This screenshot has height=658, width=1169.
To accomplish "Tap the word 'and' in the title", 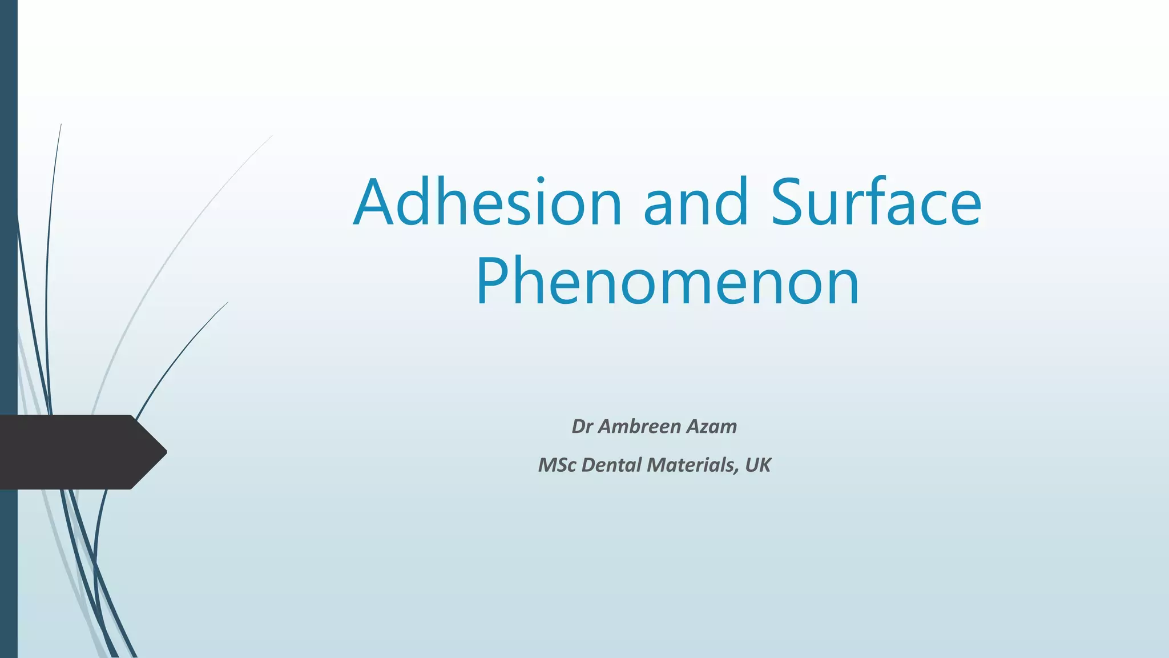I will (695, 203).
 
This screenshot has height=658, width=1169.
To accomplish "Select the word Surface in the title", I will (876, 203).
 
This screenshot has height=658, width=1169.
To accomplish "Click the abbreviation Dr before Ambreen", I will (582, 427).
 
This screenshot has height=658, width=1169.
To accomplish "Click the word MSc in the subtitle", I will (557, 465).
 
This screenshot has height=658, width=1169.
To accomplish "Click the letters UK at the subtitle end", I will (758, 465).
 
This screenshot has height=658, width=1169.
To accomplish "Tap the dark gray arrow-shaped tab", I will (74, 452).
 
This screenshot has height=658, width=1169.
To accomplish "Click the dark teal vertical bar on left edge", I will (9, 228).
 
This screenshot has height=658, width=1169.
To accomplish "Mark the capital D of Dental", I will (587, 465).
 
